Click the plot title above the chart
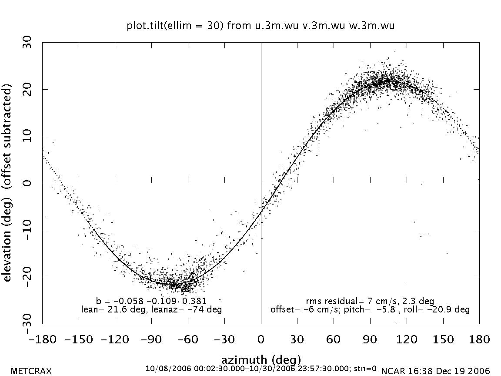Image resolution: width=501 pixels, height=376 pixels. click(x=261, y=26)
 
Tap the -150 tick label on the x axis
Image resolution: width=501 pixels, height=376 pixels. click(x=79, y=339)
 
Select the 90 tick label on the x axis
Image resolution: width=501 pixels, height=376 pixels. click(x=370, y=339)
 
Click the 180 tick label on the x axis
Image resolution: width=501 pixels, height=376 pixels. click(x=479, y=339)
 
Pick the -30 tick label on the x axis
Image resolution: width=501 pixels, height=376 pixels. click(x=224, y=339)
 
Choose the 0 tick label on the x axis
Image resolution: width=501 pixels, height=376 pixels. click(x=261, y=339)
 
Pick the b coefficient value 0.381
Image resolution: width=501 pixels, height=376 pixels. click(x=195, y=301)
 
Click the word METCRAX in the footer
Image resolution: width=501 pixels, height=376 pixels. click(x=31, y=371)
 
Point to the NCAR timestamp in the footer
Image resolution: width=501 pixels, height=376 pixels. click(x=435, y=371)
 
